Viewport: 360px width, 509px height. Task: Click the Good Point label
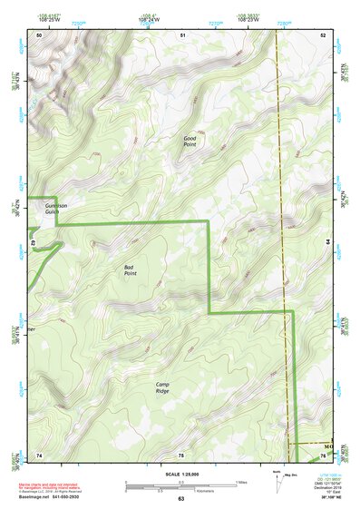pos(190,141)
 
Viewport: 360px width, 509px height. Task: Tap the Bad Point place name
pos(131,269)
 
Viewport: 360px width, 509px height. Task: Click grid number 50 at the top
pos(39,34)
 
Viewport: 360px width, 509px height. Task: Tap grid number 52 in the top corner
pos(323,34)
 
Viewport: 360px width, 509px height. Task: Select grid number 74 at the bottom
pos(39,453)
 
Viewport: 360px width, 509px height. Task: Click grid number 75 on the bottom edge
pos(180,453)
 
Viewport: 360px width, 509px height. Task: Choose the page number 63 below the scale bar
pos(180,499)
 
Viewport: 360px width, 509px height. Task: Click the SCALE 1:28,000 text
pos(180,474)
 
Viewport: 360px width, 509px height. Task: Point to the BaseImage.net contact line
pos(53,497)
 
